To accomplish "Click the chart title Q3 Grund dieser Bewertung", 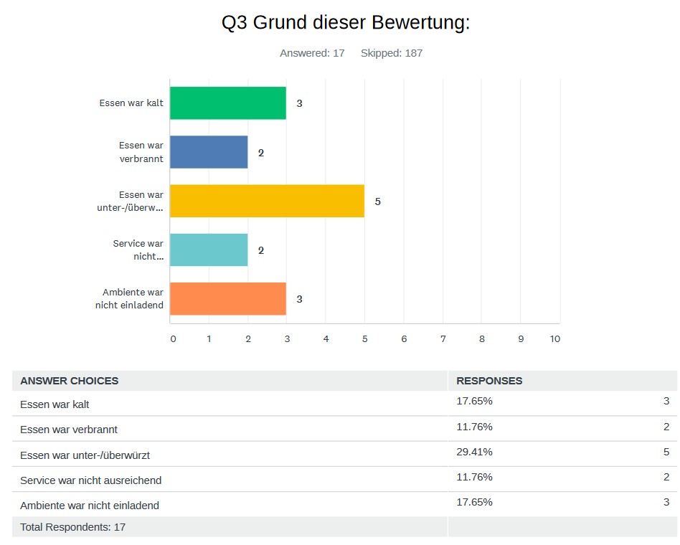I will pos(346,23).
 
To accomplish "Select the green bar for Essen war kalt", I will pos(228,103).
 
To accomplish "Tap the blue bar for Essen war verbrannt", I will pos(209,152).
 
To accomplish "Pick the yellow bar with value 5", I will pos(267,201).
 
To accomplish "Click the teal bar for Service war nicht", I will pos(209,250).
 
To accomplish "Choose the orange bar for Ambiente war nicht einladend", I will pos(228,298).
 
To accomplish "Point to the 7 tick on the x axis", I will pos(443,338).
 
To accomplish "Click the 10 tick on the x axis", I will pos(554,338).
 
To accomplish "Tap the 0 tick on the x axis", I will pos(173,338).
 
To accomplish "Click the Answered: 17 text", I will pos(312,53).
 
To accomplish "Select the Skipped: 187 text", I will pos(392,53).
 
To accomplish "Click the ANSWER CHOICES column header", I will pos(70,381).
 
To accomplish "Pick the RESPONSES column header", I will pos(489,381).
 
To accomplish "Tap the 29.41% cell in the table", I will pos(474,452).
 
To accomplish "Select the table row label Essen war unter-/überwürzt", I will pos(85,455).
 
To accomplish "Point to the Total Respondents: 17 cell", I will pos(73,527).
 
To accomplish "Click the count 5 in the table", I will pos(666,452).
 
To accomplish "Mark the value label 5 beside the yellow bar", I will pos(377,202).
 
